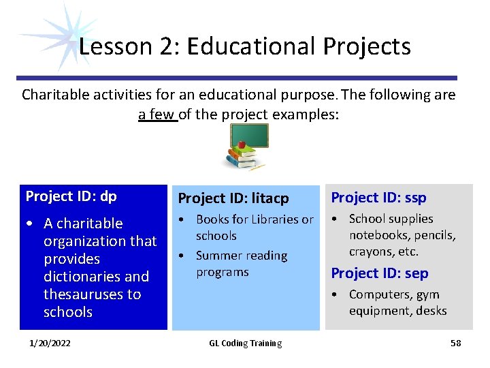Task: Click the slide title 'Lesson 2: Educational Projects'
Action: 245,46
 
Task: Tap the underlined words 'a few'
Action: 157,114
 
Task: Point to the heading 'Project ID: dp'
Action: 71,196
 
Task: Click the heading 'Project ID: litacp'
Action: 233,198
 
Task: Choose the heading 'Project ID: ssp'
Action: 378,198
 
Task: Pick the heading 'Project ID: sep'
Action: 379,273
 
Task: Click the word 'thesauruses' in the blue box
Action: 92,294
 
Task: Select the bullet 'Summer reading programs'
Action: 241,264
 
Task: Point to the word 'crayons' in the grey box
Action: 370,251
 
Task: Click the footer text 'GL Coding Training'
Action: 245,343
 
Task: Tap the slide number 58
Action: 455,343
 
